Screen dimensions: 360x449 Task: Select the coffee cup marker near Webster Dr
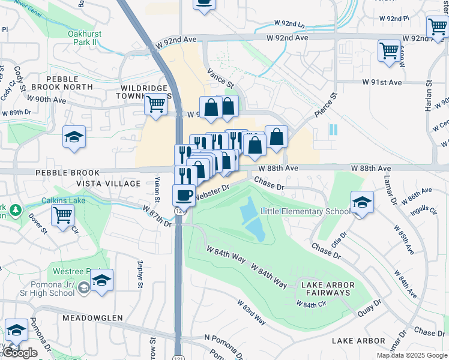click(184, 195)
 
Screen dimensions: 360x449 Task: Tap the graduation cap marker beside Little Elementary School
click(362, 202)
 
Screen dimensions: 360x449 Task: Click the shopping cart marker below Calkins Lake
click(62, 214)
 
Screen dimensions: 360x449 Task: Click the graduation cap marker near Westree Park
click(102, 280)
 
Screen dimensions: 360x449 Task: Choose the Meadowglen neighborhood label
click(91, 317)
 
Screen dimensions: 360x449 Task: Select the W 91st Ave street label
click(381, 82)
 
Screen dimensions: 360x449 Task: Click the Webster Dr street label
click(212, 190)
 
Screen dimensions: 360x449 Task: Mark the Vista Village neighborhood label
click(108, 184)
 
